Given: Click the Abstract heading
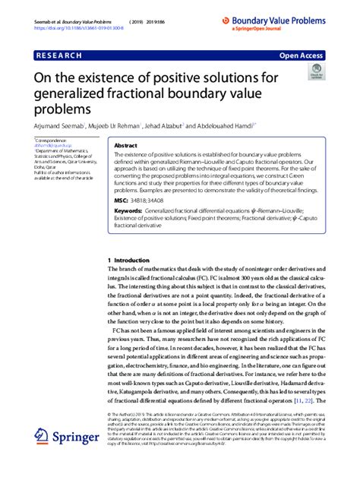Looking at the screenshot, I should pos(125,145).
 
